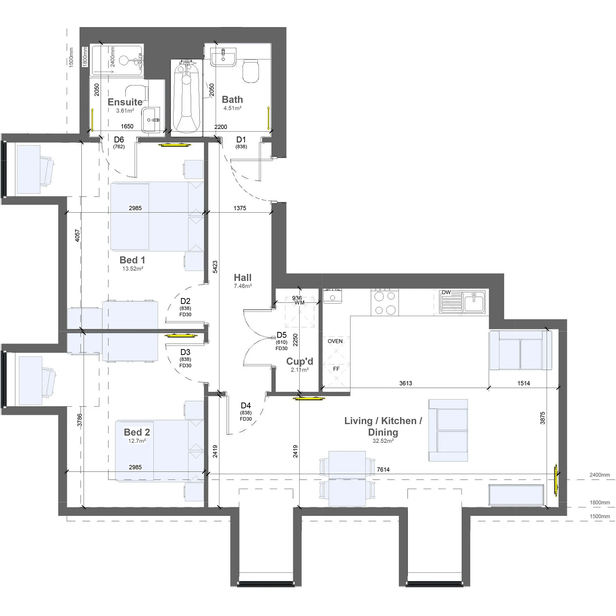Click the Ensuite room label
click(x=125, y=102)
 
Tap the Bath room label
click(x=232, y=99)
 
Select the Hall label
click(x=243, y=278)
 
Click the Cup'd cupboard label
click(x=300, y=361)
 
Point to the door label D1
click(x=241, y=140)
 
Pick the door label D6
click(x=119, y=140)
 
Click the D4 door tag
click(x=246, y=406)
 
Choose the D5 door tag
click(x=281, y=335)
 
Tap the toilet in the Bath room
click(x=251, y=71)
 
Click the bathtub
click(x=187, y=98)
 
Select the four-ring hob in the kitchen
click(x=385, y=302)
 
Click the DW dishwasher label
click(x=446, y=292)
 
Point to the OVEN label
click(x=335, y=341)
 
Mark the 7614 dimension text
click(x=383, y=469)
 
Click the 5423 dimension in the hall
click(x=215, y=267)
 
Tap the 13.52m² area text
click(x=133, y=269)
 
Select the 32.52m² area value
click(x=383, y=441)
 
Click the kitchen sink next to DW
click(x=462, y=302)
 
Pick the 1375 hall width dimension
click(x=240, y=208)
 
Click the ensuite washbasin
click(x=152, y=120)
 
